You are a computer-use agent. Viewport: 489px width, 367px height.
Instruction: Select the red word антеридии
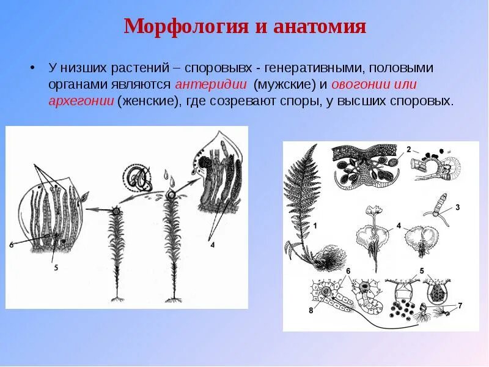[211, 85]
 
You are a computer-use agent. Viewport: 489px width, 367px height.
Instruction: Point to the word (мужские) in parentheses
[282, 85]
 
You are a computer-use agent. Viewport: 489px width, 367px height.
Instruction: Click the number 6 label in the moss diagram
[11, 245]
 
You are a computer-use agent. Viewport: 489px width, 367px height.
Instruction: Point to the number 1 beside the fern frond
[316, 227]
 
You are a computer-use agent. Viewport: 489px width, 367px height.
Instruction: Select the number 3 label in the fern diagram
[457, 207]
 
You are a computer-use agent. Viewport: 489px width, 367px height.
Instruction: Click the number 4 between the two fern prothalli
[398, 226]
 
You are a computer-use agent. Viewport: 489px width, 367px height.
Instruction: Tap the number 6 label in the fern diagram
[348, 271]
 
